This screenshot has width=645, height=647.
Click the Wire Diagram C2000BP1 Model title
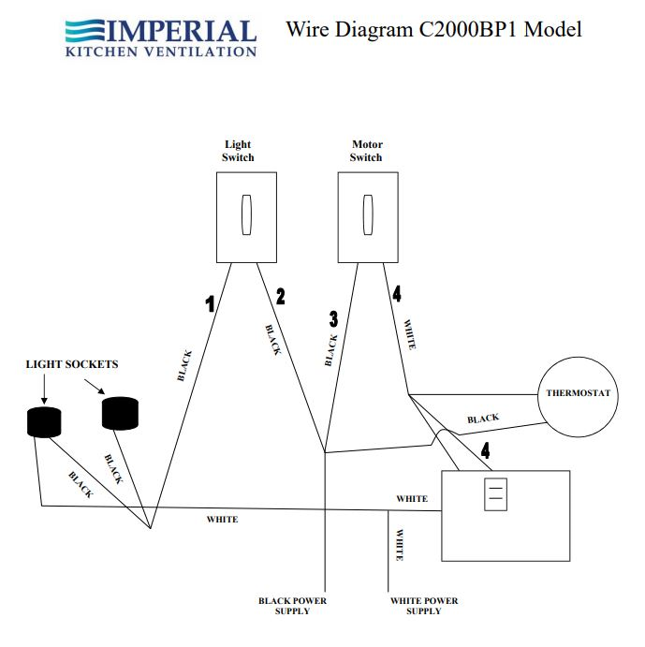pos(433,29)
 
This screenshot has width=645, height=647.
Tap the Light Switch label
pos(238,151)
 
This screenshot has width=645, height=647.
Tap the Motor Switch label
pos(366,151)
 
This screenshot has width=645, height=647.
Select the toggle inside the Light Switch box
pos(246,215)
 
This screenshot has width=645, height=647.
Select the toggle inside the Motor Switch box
pos(367,215)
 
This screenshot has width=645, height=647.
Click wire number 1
pos(211,302)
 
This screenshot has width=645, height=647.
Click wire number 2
pos(280,297)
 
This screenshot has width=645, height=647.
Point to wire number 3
pos(333,318)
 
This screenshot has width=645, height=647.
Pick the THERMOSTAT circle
pos(578,393)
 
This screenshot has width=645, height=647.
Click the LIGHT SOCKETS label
pos(72,363)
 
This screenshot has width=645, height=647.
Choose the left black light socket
pos(44,423)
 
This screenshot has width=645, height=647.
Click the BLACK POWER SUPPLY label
pos(293,605)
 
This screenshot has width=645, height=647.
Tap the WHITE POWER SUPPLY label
pos(424,605)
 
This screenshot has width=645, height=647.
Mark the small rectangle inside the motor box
pos(496,494)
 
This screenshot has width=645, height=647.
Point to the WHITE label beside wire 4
pos(409,335)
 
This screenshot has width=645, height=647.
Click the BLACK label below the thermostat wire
pos(483,419)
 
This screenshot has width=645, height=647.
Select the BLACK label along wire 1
pos(184,365)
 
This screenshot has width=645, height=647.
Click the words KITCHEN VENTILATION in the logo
pos(161,51)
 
